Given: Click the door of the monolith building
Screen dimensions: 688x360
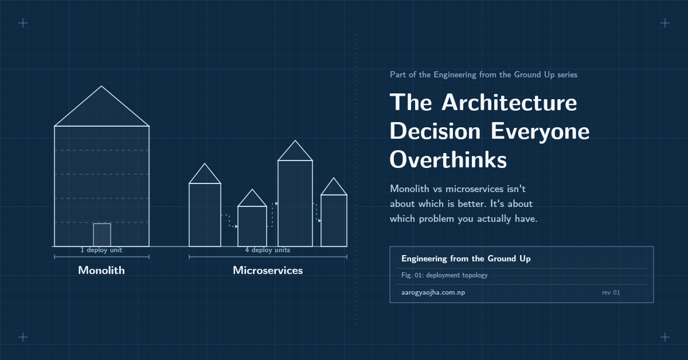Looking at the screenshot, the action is [102, 234].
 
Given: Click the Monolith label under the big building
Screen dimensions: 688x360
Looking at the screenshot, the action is [101, 271].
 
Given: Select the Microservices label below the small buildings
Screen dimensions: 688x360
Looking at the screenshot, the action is [268, 271].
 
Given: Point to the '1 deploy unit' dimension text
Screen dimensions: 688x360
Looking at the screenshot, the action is [101, 250].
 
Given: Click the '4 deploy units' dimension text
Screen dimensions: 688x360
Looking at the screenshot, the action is [268, 250].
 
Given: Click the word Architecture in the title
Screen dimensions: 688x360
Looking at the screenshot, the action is [509, 103].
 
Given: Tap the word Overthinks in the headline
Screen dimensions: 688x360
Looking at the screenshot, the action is [448, 160].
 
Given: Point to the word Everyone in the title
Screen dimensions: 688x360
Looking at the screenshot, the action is [540, 131].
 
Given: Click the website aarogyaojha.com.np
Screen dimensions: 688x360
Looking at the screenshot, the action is [433, 292].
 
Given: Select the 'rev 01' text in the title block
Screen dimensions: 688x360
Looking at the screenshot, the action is [611, 292].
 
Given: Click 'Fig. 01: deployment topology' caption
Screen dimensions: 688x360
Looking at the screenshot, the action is [444, 275].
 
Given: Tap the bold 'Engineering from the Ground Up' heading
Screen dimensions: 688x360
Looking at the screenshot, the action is [466, 259].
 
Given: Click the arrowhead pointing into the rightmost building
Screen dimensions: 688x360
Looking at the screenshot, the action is [319, 221].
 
